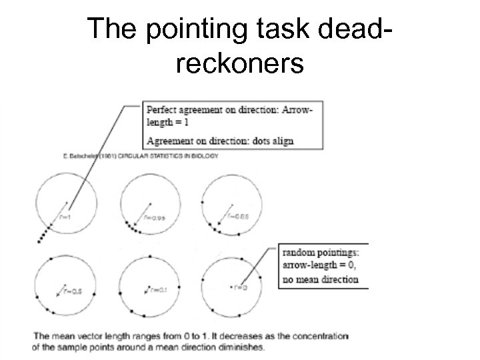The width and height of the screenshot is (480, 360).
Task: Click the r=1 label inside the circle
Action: click(x=65, y=217)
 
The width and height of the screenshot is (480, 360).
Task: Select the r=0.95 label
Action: click(x=155, y=217)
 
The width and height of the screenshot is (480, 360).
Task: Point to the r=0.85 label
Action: click(x=238, y=215)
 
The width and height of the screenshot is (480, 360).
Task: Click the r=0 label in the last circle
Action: click(x=240, y=288)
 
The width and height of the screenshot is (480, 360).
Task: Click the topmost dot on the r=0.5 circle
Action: click(x=67, y=257)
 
